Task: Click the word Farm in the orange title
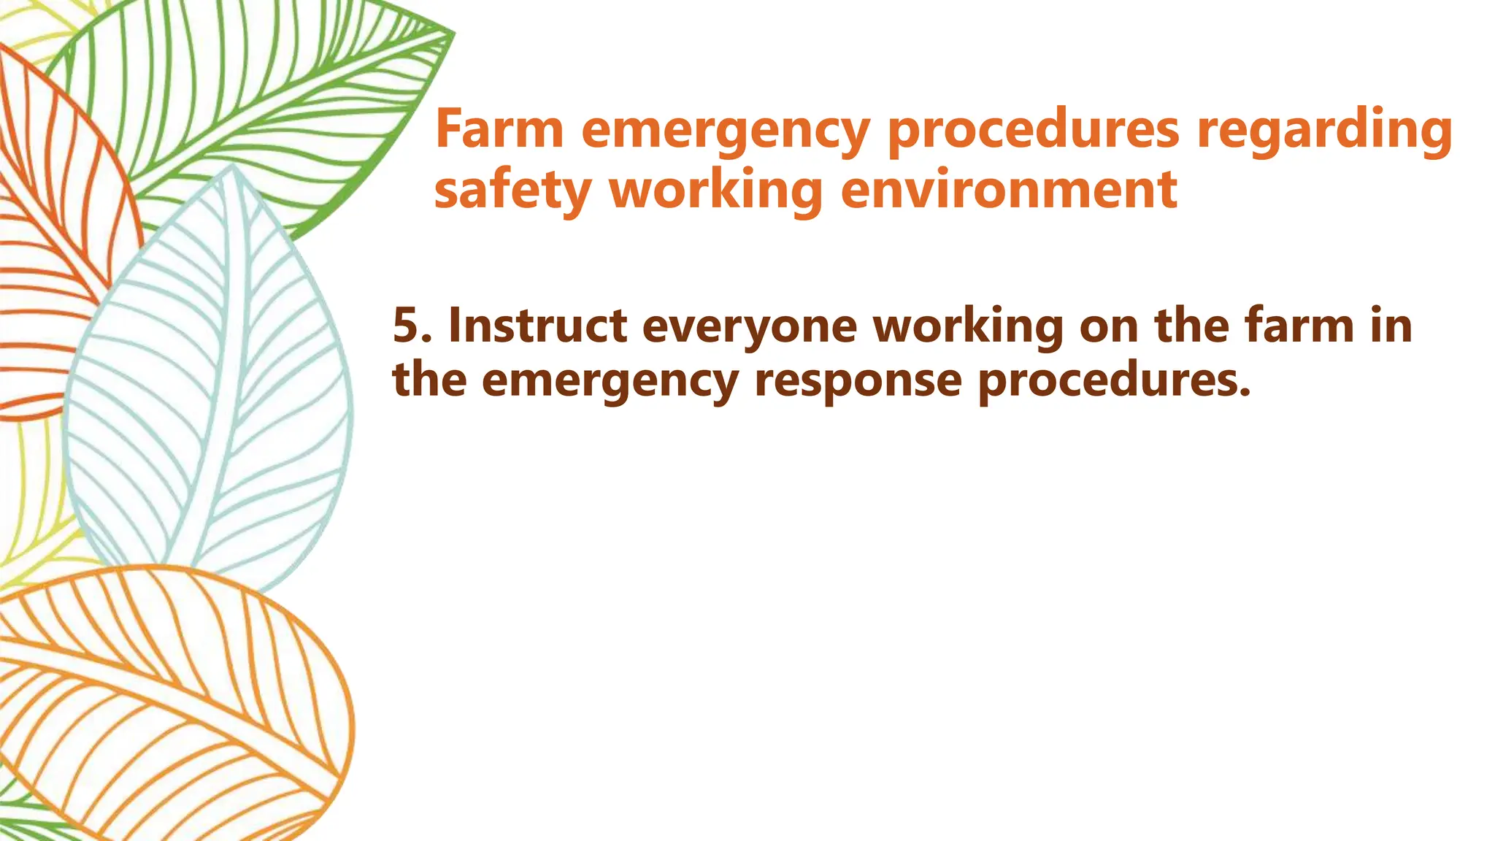pyautogui.click(x=499, y=129)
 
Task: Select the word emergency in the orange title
pyautogui.click(x=726, y=131)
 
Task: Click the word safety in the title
pyautogui.click(x=512, y=191)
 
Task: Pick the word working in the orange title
pyautogui.click(x=715, y=191)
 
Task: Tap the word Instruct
pyautogui.click(x=537, y=326)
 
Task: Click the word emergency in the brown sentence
pyautogui.click(x=610, y=381)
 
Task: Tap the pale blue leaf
pyautogui.click(x=212, y=380)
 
